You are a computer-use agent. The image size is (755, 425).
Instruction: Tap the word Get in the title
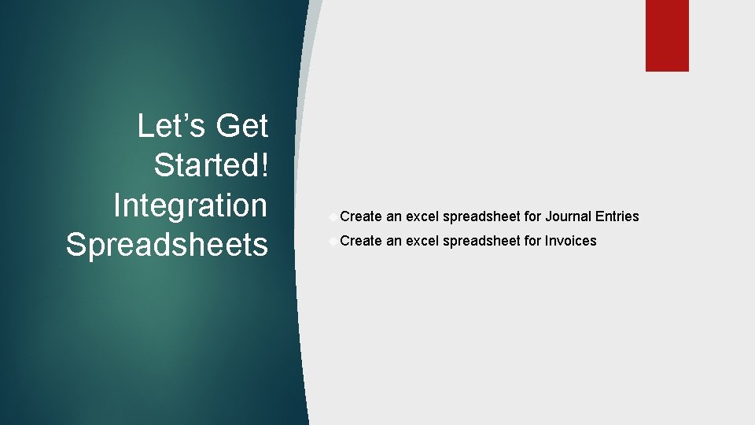(241, 126)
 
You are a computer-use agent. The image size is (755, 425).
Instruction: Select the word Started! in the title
(211, 165)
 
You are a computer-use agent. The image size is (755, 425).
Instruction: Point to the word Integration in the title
(190, 205)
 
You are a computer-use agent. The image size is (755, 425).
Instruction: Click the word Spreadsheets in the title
(168, 245)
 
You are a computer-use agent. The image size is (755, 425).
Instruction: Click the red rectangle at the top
(667, 35)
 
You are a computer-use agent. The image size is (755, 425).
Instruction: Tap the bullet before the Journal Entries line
(333, 216)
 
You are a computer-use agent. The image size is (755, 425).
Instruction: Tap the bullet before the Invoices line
(333, 241)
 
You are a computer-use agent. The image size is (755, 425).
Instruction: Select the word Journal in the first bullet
(569, 216)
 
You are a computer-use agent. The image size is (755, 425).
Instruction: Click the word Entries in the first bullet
(618, 216)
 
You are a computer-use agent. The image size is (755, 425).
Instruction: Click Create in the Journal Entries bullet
(360, 216)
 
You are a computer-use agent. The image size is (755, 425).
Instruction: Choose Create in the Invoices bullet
(360, 241)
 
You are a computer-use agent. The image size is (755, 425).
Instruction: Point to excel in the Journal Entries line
(422, 216)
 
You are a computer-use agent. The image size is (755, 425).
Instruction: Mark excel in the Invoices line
(422, 241)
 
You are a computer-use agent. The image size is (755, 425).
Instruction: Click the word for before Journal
(532, 216)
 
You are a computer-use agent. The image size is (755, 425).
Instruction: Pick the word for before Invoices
(532, 241)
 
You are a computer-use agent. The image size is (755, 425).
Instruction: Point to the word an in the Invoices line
(393, 241)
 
